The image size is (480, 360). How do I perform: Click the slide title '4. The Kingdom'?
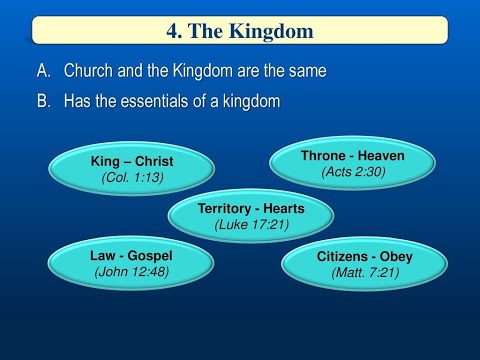pos(239,31)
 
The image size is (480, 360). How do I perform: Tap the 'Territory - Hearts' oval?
pos(251,216)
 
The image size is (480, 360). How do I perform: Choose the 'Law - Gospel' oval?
pos(130,263)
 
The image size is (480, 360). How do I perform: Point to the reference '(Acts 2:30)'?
pos(353,173)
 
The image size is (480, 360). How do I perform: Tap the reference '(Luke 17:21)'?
pos(251,225)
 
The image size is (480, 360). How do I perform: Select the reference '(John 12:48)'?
pos(131,272)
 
